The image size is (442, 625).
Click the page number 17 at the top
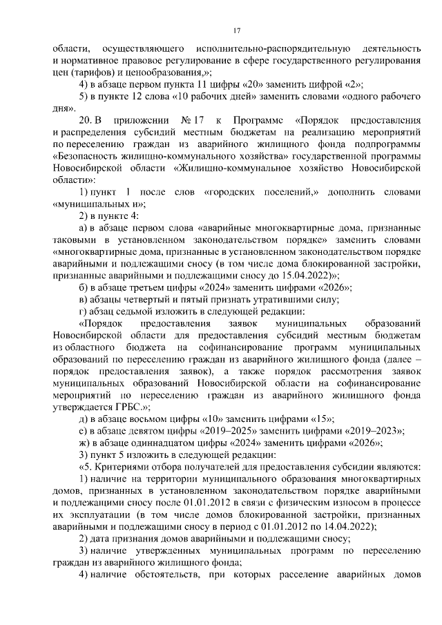[x=236, y=31]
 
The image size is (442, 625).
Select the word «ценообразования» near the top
[x=170, y=72]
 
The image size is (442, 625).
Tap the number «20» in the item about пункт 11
[x=238, y=84]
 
